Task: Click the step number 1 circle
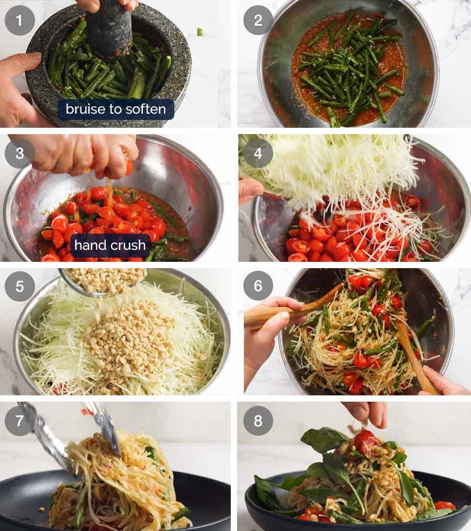coord(20,20)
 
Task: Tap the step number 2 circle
coord(258,20)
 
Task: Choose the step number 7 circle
coord(20,421)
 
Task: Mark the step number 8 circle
coord(258,421)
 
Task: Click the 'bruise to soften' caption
coord(116,109)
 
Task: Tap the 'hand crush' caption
coord(110,245)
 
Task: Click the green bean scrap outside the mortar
coord(200,31)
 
